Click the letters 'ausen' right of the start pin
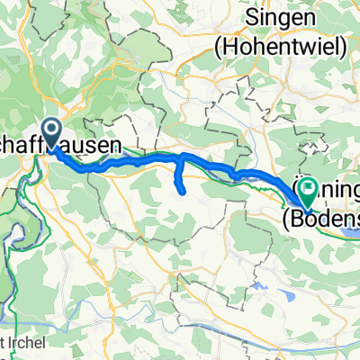[x=99, y=145]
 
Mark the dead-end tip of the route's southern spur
[x=184, y=191]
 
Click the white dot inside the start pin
[x=50, y=131]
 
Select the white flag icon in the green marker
[x=310, y=188]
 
